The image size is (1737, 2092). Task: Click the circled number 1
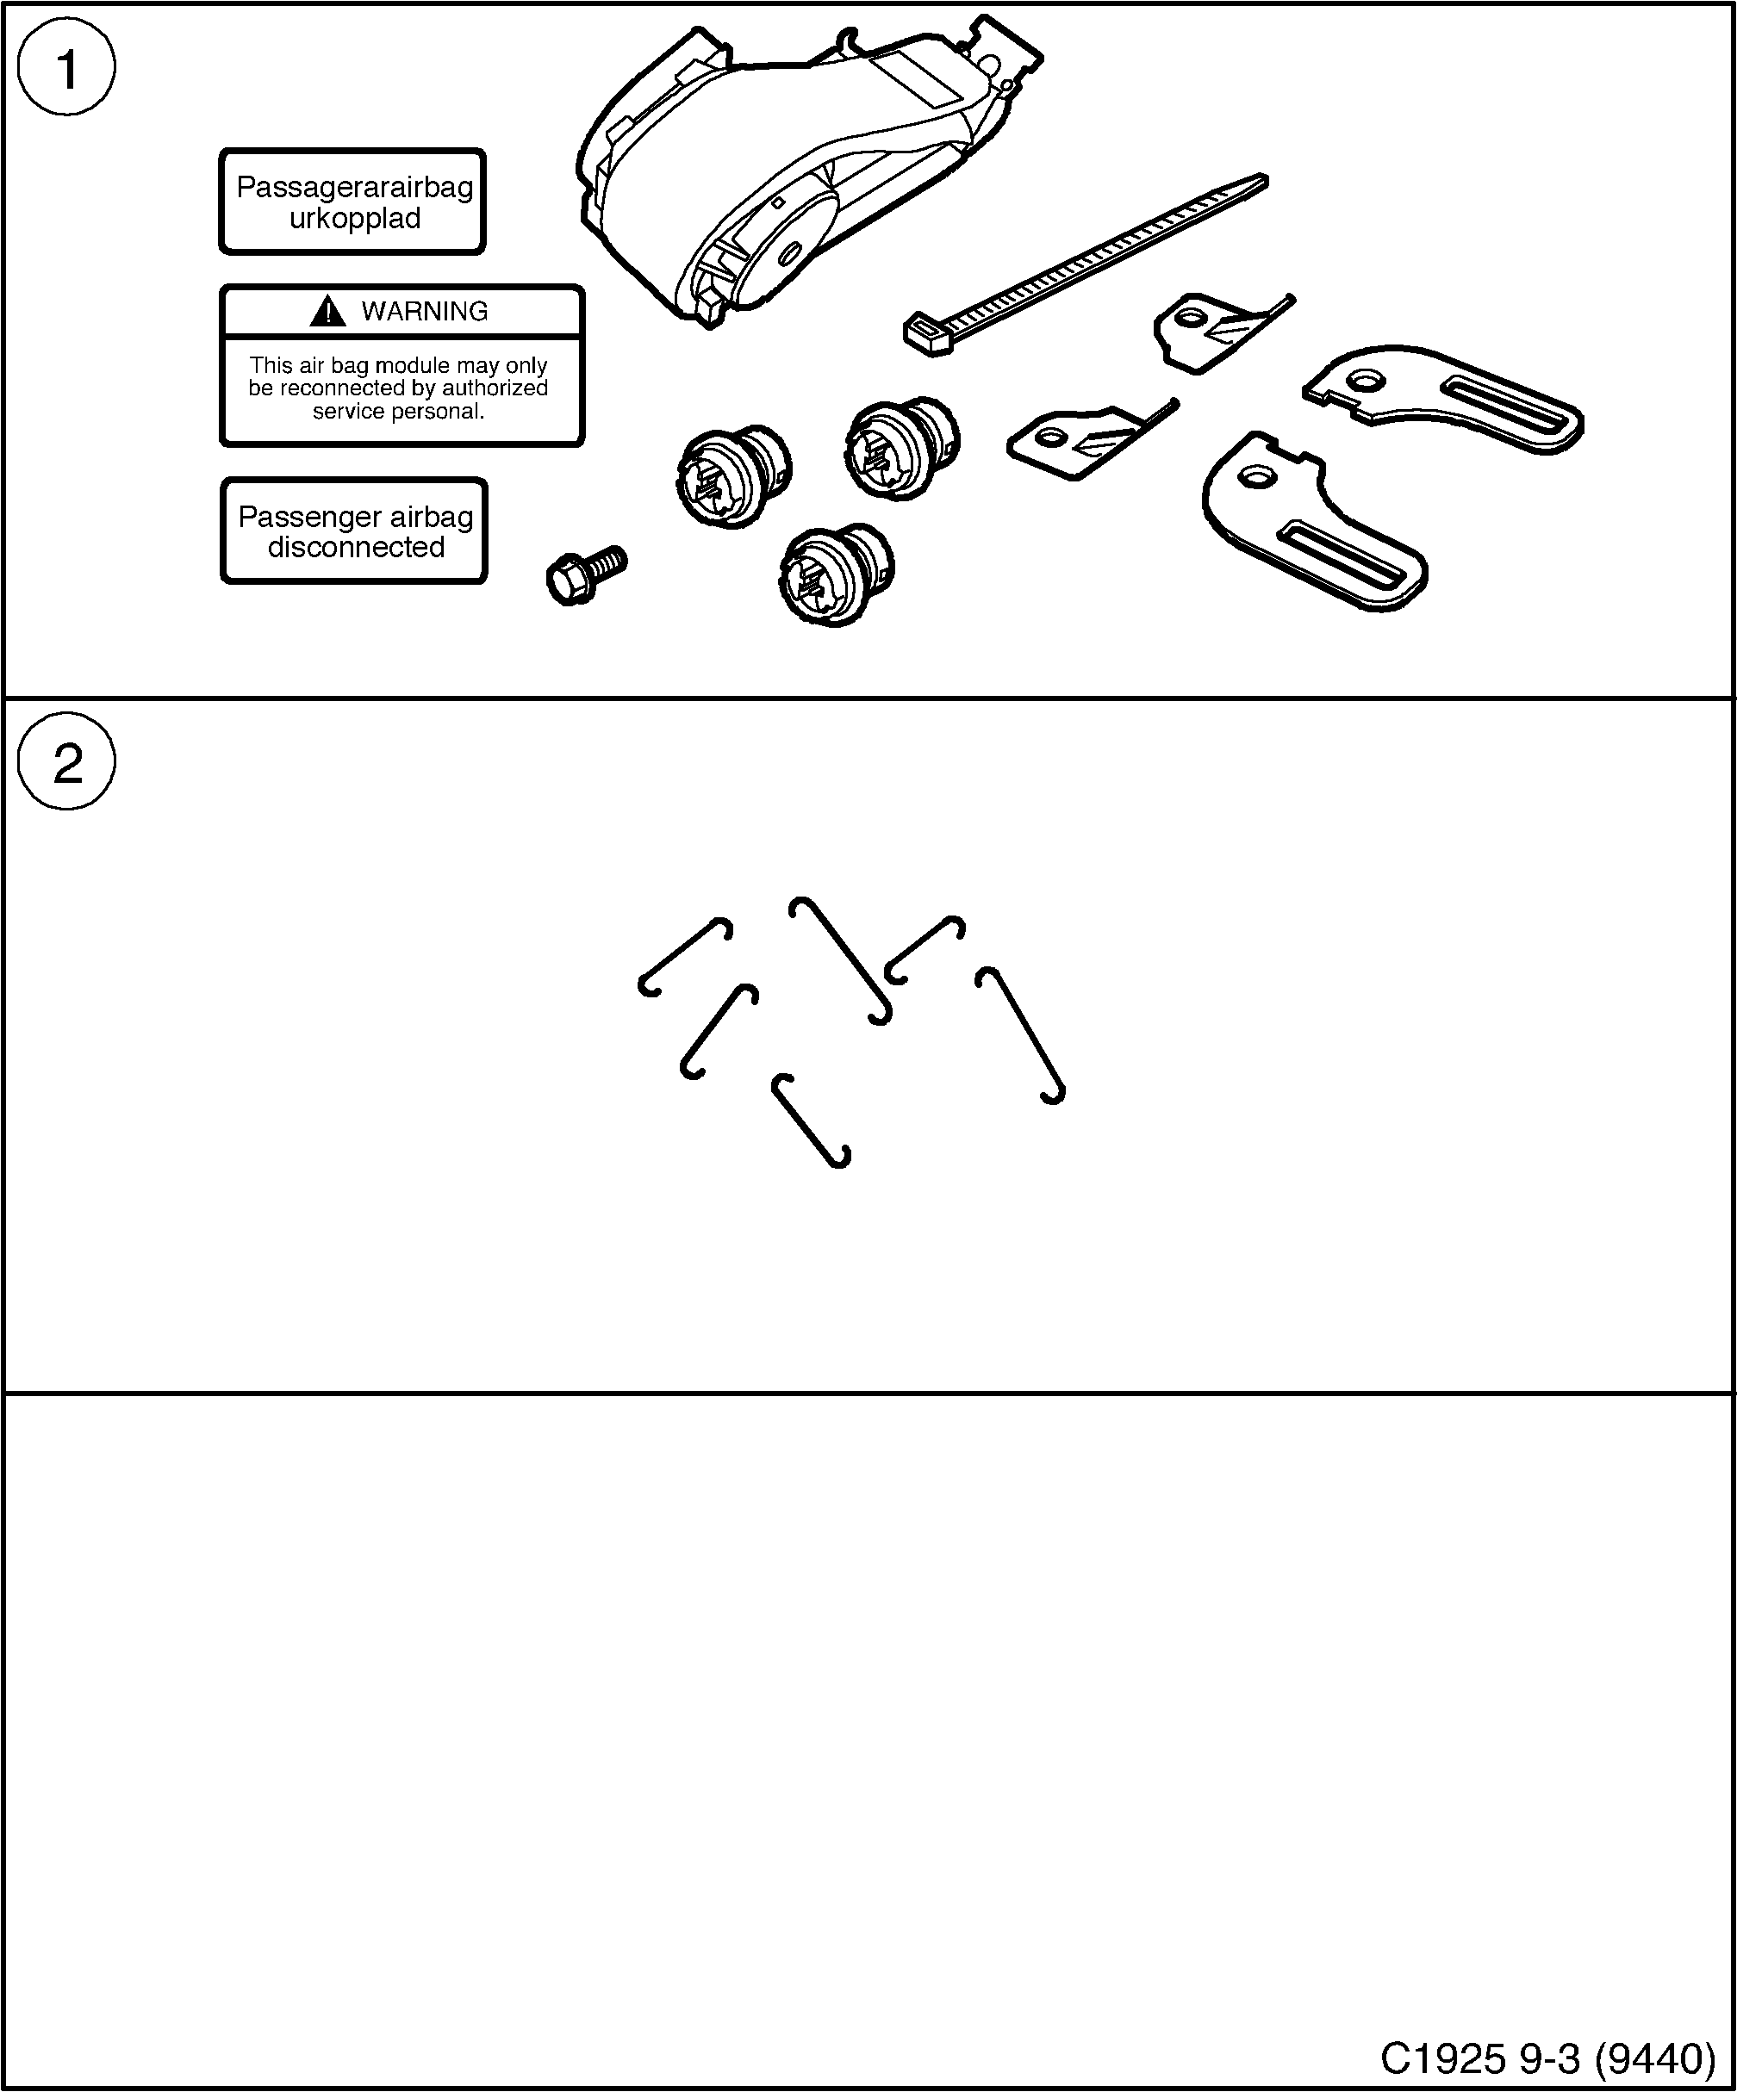pyautogui.click(x=66, y=69)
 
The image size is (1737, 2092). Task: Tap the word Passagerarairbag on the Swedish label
pyautogui.click(x=354, y=187)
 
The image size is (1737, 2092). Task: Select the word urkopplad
pyautogui.click(x=354, y=218)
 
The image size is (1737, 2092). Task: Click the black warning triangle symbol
pyautogui.click(x=327, y=312)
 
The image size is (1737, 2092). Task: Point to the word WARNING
pyautogui.click(x=425, y=312)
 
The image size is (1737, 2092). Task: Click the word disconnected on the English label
pyautogui.click(x=356, y=547)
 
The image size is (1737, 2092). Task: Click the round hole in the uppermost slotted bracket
pyautogui.click(x=1368, y=380)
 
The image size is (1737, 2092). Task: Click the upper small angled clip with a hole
pyautogui.click(x=1211, y=329)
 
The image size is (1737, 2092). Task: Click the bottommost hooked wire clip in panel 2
pyautogui.click(x=810, y=1120)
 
